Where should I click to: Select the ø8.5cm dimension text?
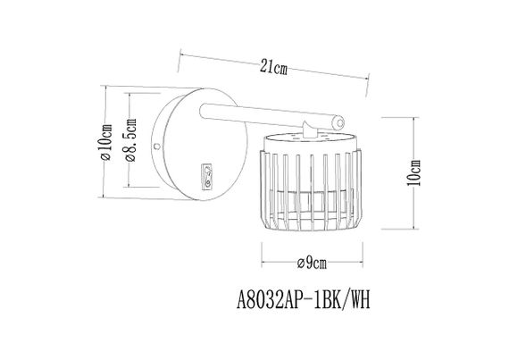click(130, 143)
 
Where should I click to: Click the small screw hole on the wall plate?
click(157, 144)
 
